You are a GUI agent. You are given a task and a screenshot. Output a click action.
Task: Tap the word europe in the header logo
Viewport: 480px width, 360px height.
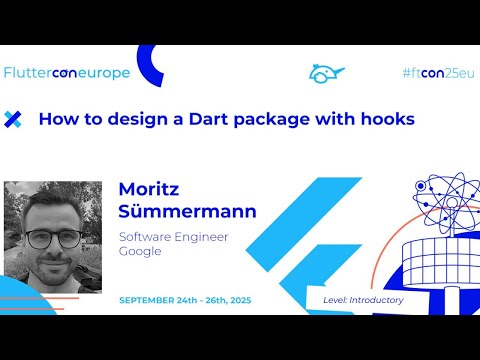[106, 74]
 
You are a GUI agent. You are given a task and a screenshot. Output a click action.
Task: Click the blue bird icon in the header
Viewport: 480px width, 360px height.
[326, 73]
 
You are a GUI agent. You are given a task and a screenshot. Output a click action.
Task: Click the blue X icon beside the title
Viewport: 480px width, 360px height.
[13, 119]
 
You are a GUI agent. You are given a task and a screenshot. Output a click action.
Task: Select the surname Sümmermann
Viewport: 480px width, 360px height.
[187, 212]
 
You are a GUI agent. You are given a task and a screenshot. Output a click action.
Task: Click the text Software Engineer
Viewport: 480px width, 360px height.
[173, 237]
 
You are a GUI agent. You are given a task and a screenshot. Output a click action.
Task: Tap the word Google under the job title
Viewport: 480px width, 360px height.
[140, 252]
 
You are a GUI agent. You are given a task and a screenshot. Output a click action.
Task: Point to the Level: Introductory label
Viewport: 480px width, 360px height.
[363, 300]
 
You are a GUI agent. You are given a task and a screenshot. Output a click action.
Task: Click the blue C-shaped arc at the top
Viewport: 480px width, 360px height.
[150, 66]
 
